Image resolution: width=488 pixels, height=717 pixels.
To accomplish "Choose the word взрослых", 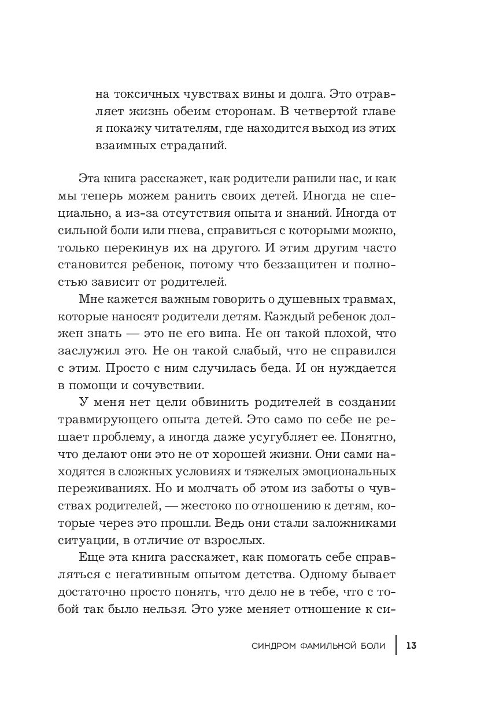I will click(x=234, y=542).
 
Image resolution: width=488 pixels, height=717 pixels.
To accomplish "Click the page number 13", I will click(x=412, y=645).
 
